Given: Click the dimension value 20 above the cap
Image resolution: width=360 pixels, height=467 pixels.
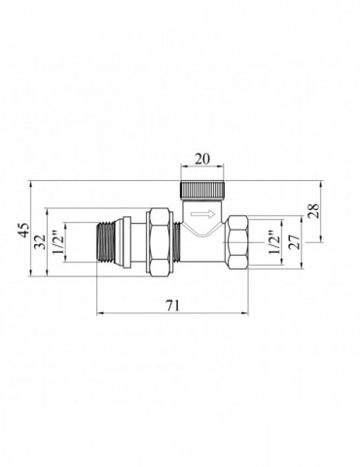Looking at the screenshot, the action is tap(202, 159).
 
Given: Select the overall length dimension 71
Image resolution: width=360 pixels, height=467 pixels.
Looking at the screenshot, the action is tap(172, 305).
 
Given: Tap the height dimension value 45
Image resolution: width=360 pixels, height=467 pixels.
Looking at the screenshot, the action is tap(23, 230).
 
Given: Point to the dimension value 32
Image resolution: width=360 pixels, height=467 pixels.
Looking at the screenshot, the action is tap(41, 241).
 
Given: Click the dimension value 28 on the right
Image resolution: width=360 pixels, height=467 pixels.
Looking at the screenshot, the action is tap(313, 211).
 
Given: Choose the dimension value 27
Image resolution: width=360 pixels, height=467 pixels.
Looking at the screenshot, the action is tap(295, 241).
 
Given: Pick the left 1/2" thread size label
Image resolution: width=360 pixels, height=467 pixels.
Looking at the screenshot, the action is tap(57, 242).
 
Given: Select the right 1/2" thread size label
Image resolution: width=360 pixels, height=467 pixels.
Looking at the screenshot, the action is tap(274, 242).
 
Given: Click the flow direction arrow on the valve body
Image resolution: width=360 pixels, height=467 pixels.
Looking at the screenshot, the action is tap(202, 214).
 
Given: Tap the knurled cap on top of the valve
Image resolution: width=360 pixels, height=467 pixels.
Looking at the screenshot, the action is tap(202, 191).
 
